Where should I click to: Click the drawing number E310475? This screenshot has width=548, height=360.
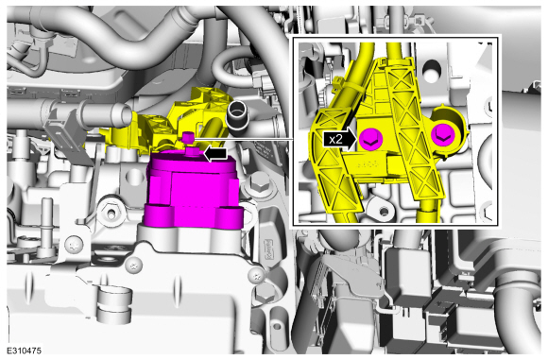point(24,351)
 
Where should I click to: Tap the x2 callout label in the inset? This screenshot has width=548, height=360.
point(335,140)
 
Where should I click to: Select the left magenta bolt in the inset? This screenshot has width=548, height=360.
point(371,140)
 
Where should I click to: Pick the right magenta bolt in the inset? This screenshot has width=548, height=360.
point(443,135)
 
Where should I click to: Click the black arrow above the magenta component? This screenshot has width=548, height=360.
point(214,154)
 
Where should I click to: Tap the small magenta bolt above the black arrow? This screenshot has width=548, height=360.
point(188,137)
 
